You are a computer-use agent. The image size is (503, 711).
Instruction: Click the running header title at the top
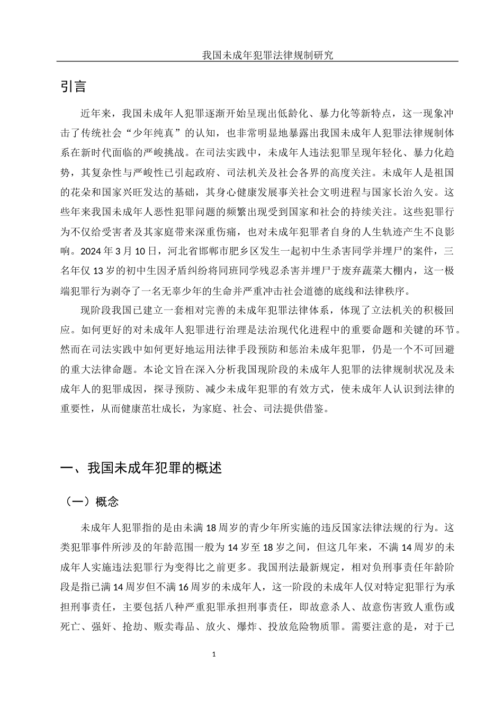coord(267,56)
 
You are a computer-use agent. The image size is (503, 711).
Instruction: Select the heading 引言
coord(74,87)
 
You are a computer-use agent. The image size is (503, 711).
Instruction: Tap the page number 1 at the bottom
coord(214,654)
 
